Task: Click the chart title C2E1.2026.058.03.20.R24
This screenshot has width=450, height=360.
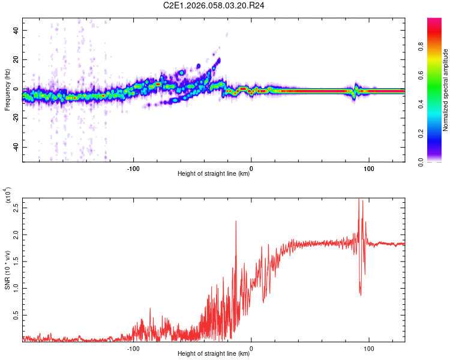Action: click(x=214, y=5)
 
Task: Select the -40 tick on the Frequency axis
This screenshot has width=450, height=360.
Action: click(x=15, y=147)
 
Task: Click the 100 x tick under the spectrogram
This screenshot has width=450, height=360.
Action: click(x=369, y=167)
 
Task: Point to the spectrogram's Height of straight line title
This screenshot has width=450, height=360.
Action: click(x=214, y=174)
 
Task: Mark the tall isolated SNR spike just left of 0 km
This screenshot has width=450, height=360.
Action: click(x=236, y=222)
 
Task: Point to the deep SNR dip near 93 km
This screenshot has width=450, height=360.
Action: click(x=360, y=294)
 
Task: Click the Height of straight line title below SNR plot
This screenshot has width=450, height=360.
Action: click(x=214, y=354)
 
